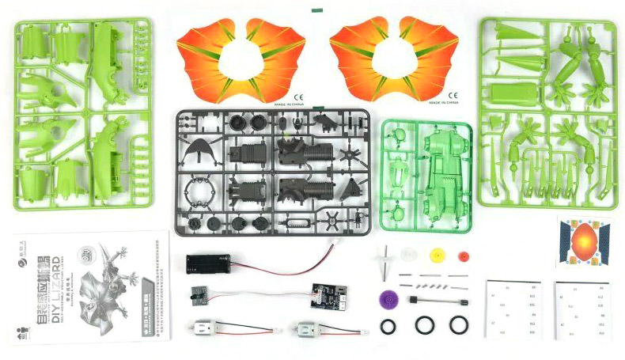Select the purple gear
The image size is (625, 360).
pyautogui.click(x=388, y=298)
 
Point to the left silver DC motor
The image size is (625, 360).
pyautogui.click(x=208, y=328)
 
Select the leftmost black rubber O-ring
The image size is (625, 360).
pyautogui.click(x=388, y=325)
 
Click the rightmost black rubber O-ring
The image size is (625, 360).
pyautogui.click(x=458, y=324)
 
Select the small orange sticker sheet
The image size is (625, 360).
pyautogui.click(x=586, y=241)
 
